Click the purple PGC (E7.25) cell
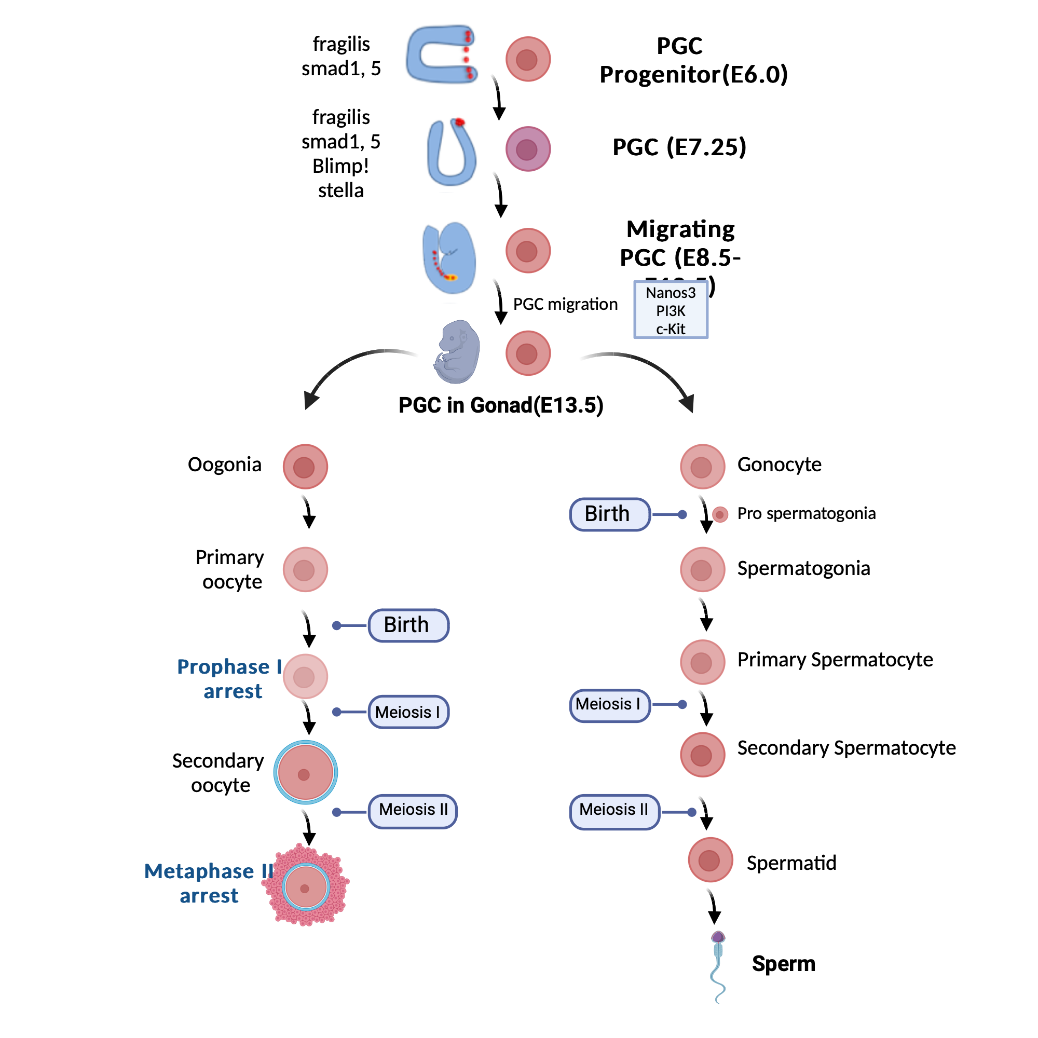pos(528,149)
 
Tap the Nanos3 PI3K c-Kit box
pos(671,310)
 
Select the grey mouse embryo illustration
pos(457,352)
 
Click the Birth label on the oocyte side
pos(408,625)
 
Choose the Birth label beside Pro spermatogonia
pos(609,514)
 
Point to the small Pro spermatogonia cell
pos(719,514)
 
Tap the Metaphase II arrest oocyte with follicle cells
pos(306,887)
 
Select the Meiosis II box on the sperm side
pos(614,811)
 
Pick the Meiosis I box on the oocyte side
pos(408,712)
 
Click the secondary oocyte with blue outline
pos(305,772)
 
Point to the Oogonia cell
pos(305,466)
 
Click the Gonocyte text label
pos(779,464)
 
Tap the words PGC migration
pos(565,304)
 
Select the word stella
pos(340,190)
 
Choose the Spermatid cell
pos(711,859)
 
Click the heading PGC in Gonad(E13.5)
pos(501,405)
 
